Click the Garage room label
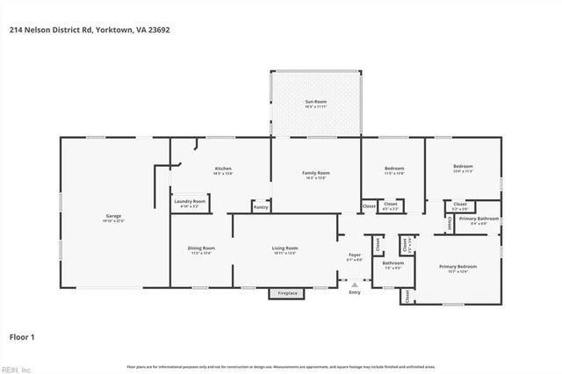tap(114, 215)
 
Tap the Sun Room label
tap(315, 103)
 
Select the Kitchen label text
tap(223, 169)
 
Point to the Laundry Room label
tap(190, 201)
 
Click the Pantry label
tap(261, 207)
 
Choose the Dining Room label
tap(201, 248)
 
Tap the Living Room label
tap(285, 248)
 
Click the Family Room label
tap(315, 173)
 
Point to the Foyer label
tap(355, 255)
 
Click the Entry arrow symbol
tap(355, 284)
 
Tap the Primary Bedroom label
tap(458, 266)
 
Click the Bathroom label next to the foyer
tap(393, 263)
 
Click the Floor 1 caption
tap(22, 335)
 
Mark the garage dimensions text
tap(114, 220)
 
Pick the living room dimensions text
tap(285, 254)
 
